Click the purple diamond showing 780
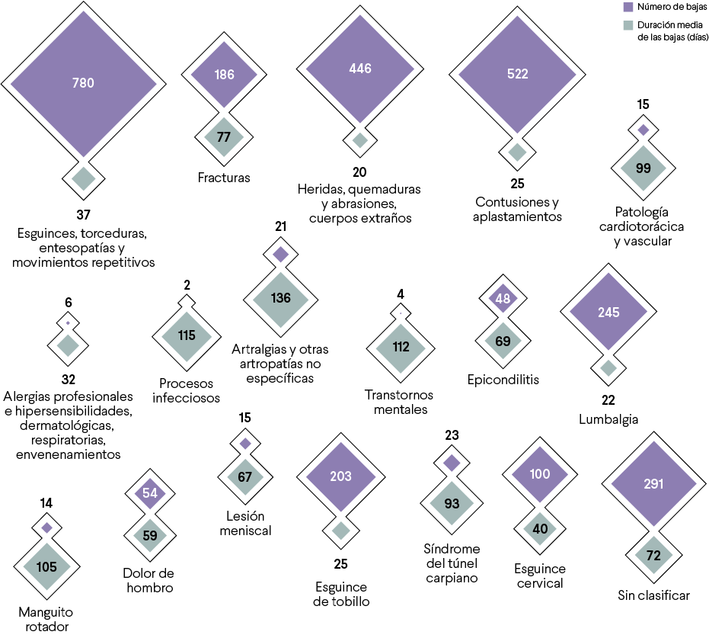pyautogui.click(x=82, y=83)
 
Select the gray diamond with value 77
pyautogui.click(x=223, y=137)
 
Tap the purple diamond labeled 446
pyautogui.click(x=359, y=69)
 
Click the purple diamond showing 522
pyautogui.click(x=517, y=74)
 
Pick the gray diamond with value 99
pyautogui.click(x=643, y=168)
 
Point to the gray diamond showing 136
pyautogui.click(x=280, y=297)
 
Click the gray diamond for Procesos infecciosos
pyautogui.click(x=187, y=335)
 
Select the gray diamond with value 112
pyautogui.click(x=401, y=347)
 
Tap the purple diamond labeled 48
pyautogui.click(x=503, y=299)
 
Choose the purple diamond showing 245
pyautogui.click(x=608, y=311)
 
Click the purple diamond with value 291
pyautogui.click(x=653, y=483)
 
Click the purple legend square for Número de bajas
pyautogui.click(x=628, y=7)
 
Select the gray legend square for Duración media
pyautogui.click(x=628, y=26)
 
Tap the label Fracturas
pyautogui.click(x=223, y=178)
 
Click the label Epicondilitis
pyautogui.click(x=503, y=379)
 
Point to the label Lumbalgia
pyautogui.click(x=608, y=419)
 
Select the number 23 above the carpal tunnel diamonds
pyautogui.click(x=451, y=435)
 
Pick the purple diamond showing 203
pyautogui.click(x=340, y=476)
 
